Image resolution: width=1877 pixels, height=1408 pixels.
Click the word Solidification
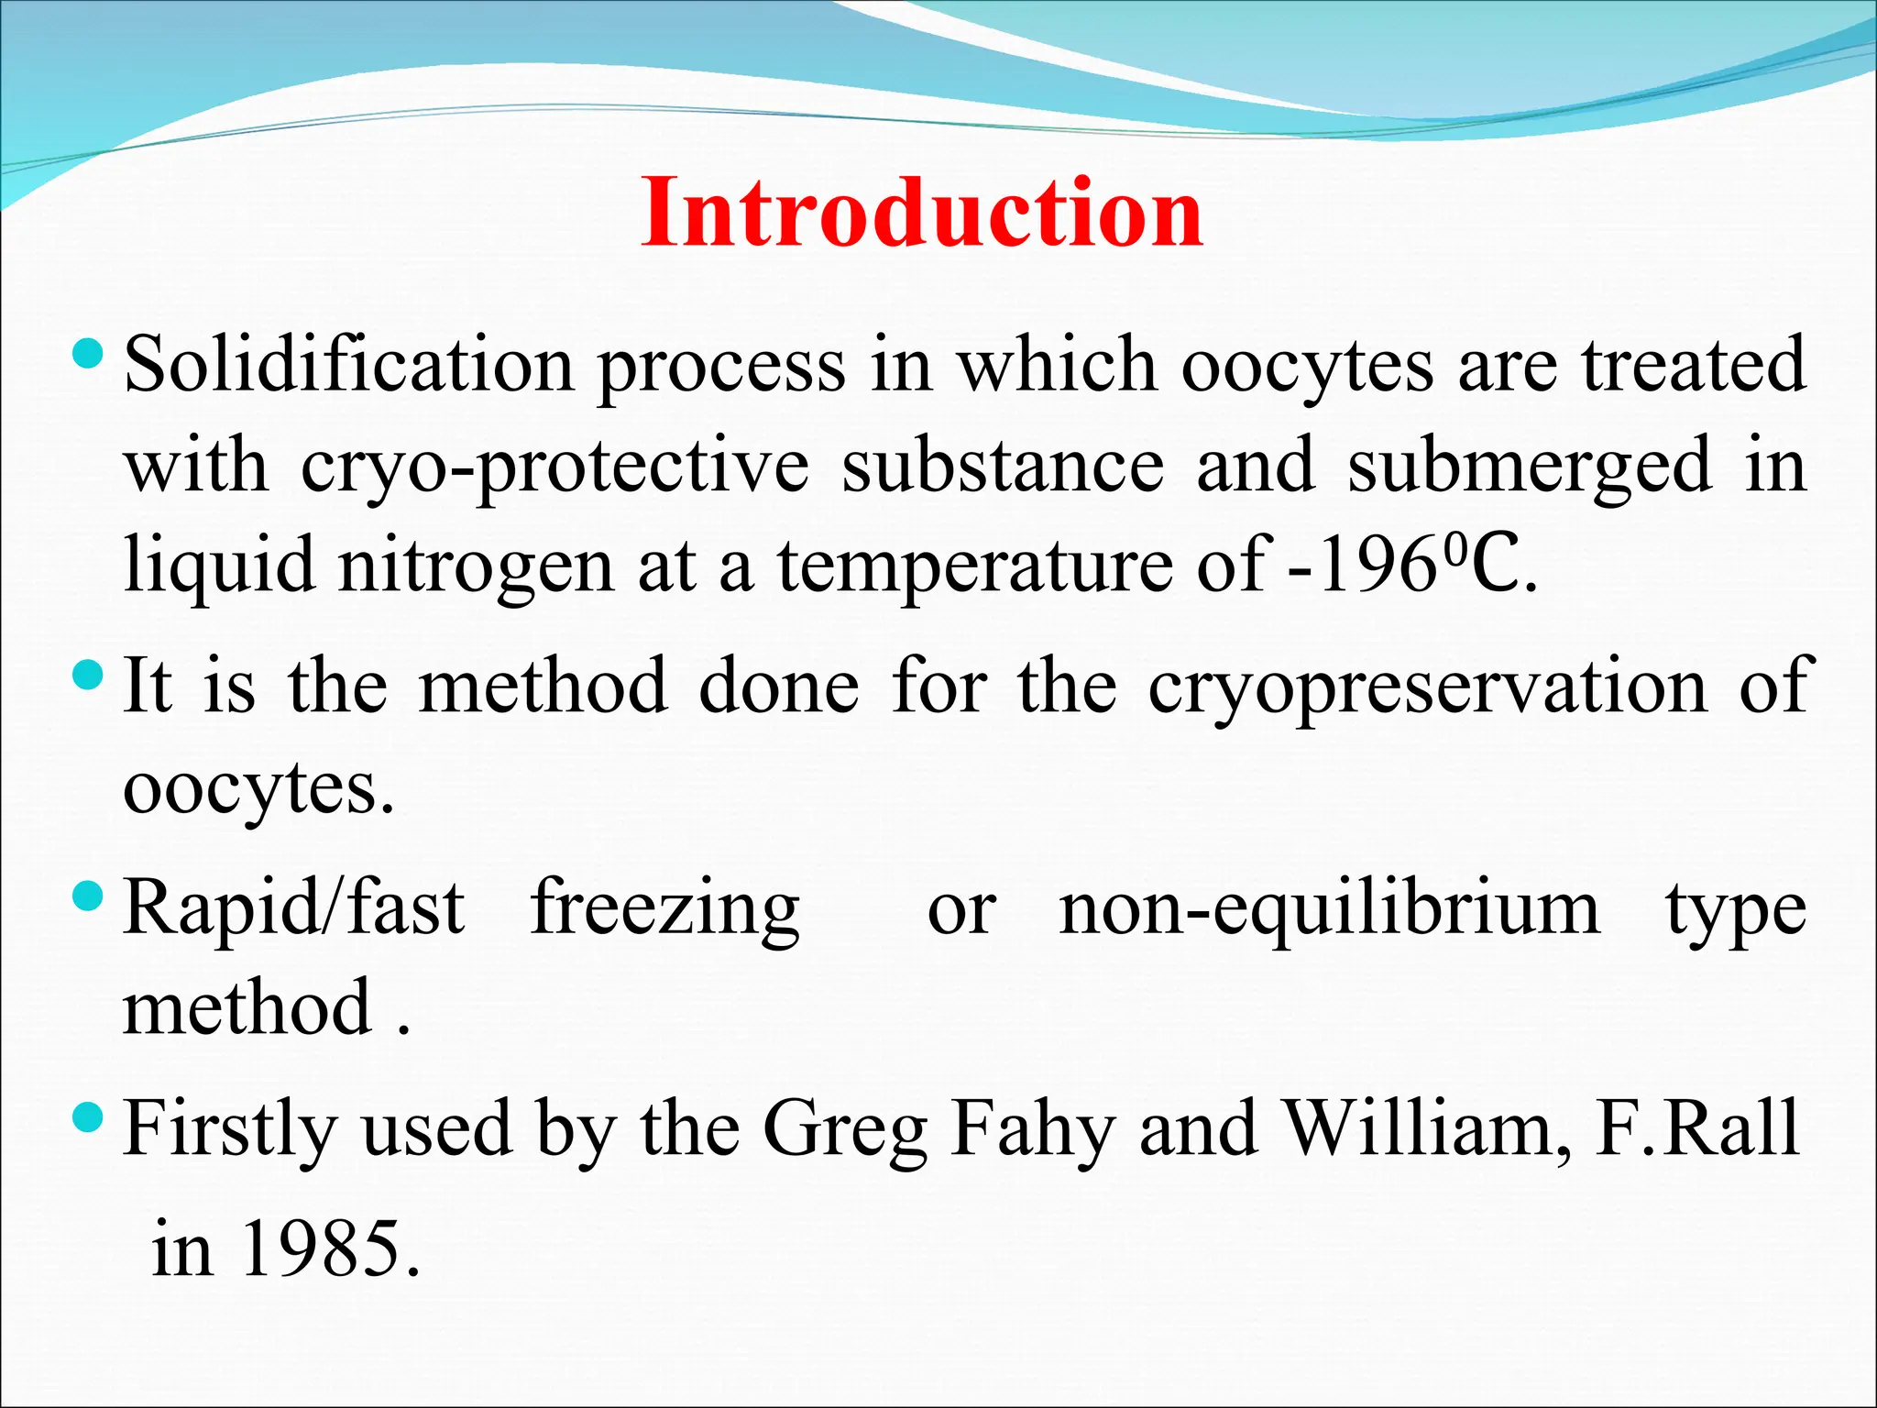click(x=349, y=365)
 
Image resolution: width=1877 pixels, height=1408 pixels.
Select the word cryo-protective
click(x=555, y=467)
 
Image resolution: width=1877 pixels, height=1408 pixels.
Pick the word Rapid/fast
click(x=294, y=907)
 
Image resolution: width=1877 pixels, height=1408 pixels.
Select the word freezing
click(x=665, y=907)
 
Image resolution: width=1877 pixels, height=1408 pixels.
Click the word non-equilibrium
click(x=1330, y=907)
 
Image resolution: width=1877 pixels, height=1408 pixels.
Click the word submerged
click(x=1530, y=467)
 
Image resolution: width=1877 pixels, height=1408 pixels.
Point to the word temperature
click(x=975, y=566)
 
